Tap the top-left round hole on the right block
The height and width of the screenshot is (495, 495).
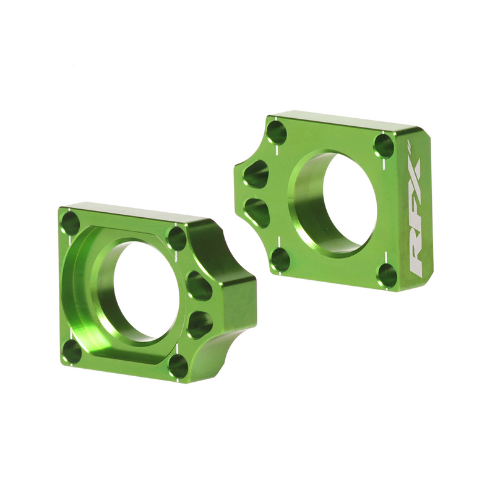[x=277, y=132]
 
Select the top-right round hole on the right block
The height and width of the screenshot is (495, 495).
[x=384, y=146]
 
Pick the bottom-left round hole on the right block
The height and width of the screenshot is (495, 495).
[x=280, y=259]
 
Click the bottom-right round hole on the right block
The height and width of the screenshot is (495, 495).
[x=387, y=275]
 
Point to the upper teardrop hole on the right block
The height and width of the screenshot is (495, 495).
[x=256, y=174]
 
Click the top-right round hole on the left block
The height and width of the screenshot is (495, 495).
[x=177, y=238]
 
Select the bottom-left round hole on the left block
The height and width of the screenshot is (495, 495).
[x=72, y=351]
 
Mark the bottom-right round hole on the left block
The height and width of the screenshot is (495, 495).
[x=178, y=366]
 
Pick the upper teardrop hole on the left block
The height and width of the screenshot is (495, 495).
[x=199, y=285]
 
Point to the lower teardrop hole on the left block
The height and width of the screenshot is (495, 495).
[x=199, y=324]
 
